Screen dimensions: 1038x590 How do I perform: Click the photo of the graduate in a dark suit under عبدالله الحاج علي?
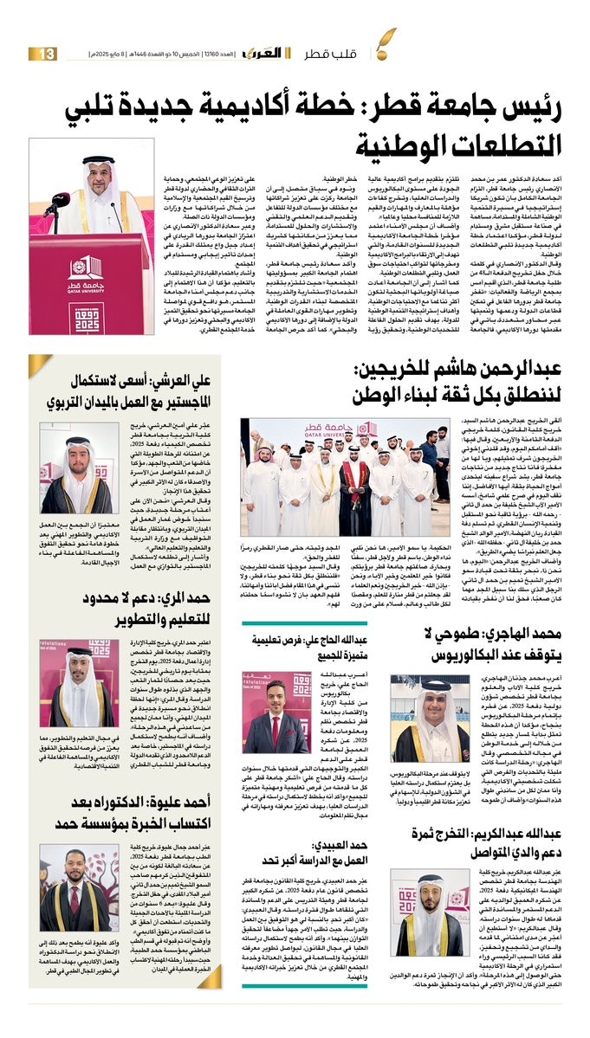coord(275,711)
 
